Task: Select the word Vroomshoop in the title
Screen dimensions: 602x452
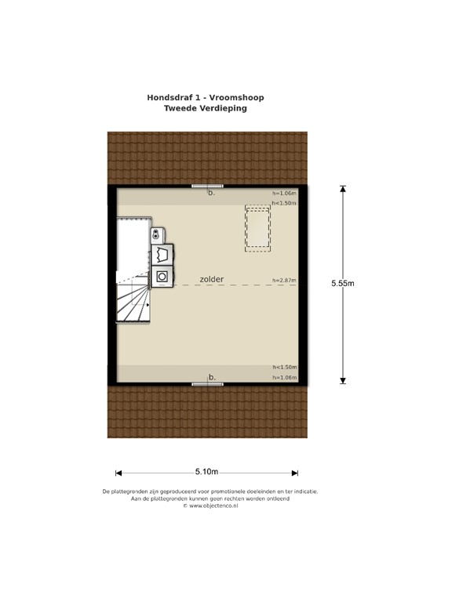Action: pyautogui.click(x=238, y=98)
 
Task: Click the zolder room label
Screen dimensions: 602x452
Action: pyautogui.click(x=212, y=279)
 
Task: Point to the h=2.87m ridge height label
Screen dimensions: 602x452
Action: pyautogui.click(x=284, y=280)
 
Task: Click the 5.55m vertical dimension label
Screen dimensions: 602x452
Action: pyautogui.click(x=343, y=284)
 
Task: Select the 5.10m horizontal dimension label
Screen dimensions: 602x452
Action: pyautogui.click(x=206, y=471)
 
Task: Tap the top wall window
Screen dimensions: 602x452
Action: pyautogui.click(x=207, y=186)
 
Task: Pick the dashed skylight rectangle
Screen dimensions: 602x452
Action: pyautogui.click(x=257, y=227)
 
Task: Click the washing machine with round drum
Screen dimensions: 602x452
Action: pyautogui.click(x=162, y=276)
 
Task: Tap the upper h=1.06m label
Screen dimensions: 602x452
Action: pyautogui.click(x=284, y=193)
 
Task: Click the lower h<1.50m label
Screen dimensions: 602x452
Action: pyautogui.click(x=284, y=367)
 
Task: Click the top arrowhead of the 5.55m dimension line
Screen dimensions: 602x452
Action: pyautogui.click(x=343, y=188)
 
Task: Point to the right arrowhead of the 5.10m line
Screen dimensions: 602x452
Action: pyautogui.click(x=295, y=473)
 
